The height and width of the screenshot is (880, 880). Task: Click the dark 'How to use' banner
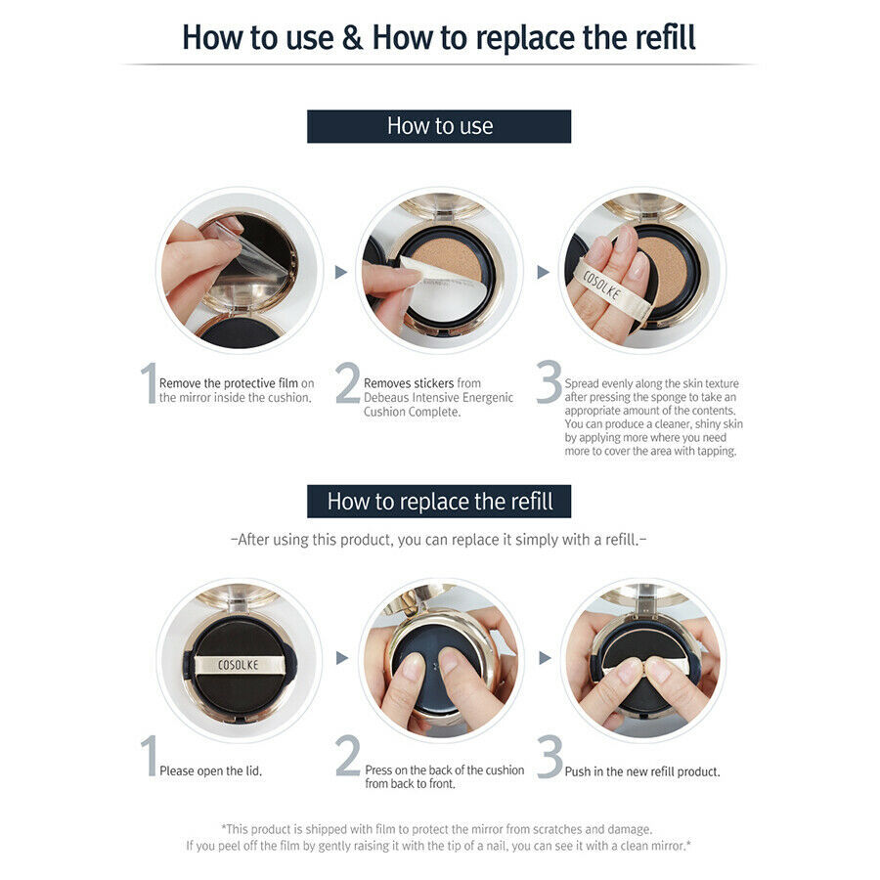[439, 126]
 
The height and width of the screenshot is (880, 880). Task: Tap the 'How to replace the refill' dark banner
[439, 502]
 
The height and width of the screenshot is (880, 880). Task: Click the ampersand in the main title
[352, 37]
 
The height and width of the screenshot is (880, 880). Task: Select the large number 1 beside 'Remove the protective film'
[149, 382]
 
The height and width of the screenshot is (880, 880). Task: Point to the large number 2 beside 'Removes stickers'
[348, 382]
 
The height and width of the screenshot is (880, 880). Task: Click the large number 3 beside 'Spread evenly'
[549, 381]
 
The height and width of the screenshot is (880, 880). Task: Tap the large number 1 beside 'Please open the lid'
[149, 756]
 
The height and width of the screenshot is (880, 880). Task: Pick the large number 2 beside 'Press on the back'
[348, 756]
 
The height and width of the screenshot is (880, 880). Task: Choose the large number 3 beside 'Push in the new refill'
[550, 757]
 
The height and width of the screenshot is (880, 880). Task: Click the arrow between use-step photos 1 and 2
[341, 272]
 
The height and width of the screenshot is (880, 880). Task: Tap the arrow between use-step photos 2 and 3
[544, 272]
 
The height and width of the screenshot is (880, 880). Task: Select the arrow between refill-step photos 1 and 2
[342, 658]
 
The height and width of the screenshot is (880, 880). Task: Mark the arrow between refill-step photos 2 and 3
[545, 658]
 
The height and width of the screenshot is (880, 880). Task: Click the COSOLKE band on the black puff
[239, 665]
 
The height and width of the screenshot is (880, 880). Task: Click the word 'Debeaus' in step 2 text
[386, 397]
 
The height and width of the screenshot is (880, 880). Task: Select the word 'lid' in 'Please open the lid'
[253, 770]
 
